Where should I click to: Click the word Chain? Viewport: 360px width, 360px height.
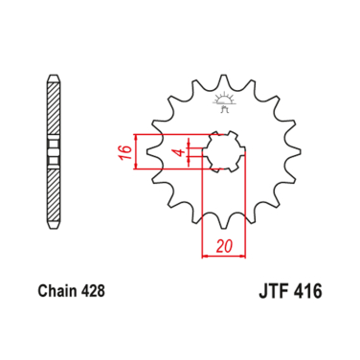point(58,286)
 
